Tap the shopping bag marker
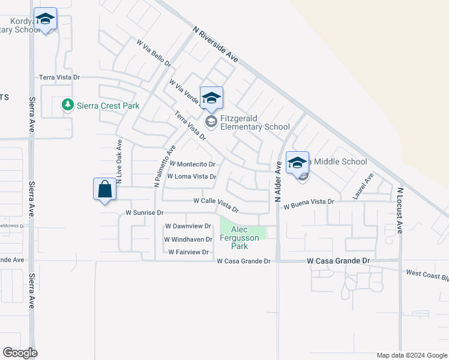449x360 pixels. coord(105,189)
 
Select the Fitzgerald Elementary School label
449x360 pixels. coord(255,122)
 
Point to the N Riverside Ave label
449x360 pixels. coord(216,43)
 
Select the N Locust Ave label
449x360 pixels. coord(400,210)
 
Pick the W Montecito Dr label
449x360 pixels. coord(193,164)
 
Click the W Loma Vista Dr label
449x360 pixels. coord(191,176)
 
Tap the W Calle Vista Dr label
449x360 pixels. coord(216,205)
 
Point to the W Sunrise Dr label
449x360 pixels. coord(144,212)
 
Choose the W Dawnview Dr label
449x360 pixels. coord(188,226)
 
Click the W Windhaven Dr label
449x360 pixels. coord(188,239)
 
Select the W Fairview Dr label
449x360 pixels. coord(188,252)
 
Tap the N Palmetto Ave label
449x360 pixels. coord(164,166)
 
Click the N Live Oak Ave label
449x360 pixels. coord(119,162)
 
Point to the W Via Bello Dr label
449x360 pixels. coord(154,53)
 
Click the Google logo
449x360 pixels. coord(20,353)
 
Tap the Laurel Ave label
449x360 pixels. coord(363,187)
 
